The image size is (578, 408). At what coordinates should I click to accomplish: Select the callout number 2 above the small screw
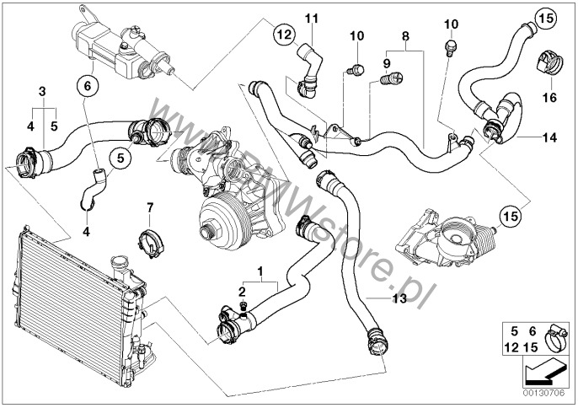[242, 291]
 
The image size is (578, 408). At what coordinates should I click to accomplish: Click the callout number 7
[149, 207]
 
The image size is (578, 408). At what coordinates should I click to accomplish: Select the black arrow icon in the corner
[544, 370]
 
